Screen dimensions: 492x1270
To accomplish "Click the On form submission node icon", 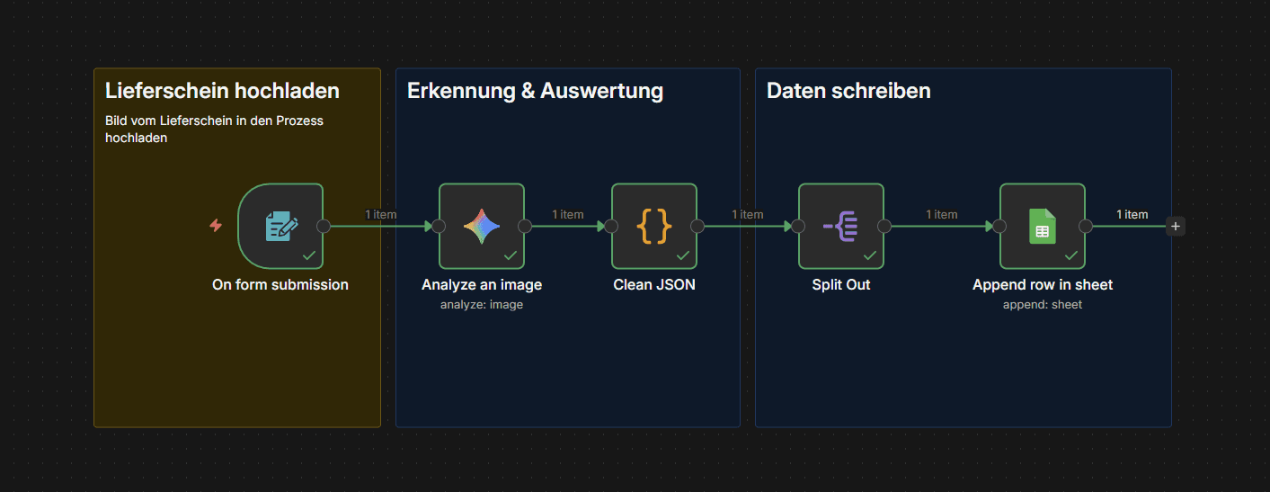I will tap(280, 226).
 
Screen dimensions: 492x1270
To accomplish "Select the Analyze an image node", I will tap(482, 226).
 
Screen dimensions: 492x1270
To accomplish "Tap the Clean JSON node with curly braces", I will tap(654, 226).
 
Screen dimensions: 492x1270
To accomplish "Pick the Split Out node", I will tap(841, 226).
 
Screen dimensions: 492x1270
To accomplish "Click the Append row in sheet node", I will tap(1043, 226).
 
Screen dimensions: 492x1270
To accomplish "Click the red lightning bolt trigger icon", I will tap(216, 226).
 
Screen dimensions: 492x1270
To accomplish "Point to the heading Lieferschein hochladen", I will tap(222, 91).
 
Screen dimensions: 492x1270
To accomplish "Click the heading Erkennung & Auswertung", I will tap(535, 91).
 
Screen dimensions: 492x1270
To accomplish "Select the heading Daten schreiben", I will tap(848, 91).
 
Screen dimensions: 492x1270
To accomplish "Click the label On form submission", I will tap(280, 285).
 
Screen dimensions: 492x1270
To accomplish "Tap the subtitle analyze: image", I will tap(482, 305).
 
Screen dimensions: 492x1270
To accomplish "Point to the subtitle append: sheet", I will tap(1043, 305).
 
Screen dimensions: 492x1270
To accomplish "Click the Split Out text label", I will tap(841, 285).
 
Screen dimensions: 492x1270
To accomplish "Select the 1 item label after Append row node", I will tap(1132, 214).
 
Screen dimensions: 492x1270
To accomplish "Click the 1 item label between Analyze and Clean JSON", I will tap(568, 214).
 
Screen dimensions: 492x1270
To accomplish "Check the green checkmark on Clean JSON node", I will tap(683, 255).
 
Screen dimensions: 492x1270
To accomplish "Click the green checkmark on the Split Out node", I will tap(870, 255).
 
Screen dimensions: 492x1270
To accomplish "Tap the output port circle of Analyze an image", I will tap(525, 226).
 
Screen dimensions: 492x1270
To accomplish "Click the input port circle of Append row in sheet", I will tap(999, 226).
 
